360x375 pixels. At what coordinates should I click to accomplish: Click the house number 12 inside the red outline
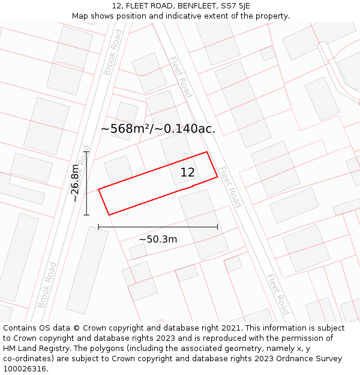pos(187,173)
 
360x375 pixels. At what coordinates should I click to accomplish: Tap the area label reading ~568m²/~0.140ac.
pos(158,128)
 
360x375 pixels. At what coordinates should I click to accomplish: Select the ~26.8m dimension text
pos(75,182)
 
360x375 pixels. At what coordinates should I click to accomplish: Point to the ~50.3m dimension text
pos(158,239)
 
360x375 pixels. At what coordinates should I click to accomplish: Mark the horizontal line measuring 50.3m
pos(158,227)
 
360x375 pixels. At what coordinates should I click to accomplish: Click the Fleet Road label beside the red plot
pos(229,187)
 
